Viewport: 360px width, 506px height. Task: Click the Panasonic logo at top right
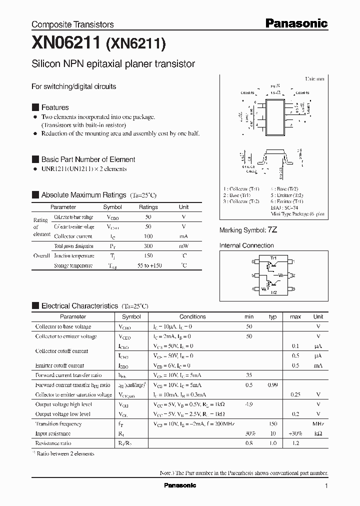[x=296, y=23]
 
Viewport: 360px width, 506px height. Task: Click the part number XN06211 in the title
[x=66, y=44]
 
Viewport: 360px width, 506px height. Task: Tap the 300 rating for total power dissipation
[x=148, y=246]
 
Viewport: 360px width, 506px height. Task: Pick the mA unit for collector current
[x=183, y=236]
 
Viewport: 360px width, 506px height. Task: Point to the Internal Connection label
[x=246, y=245]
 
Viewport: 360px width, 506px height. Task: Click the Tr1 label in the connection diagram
[x=273, y=258]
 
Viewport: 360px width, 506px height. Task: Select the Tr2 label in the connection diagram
[x=273, y=292]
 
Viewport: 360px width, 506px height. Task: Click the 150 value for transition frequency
[x=272, y=424]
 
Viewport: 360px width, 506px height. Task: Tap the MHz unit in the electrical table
[x=318, y=424]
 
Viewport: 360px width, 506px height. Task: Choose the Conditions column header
[x=192, y=316]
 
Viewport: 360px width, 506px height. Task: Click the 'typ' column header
[x=272, y=316]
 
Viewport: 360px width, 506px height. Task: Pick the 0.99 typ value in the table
[x=272, y=385]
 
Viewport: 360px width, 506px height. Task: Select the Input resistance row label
[x=52, y=433]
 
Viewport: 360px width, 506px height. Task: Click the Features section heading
[x=55, y=107]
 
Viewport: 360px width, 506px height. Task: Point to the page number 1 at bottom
[x=326, y=486]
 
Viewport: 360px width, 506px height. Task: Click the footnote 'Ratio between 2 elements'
[x=65, y=453]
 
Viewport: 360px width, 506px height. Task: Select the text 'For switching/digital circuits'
[x=73, y=86]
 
